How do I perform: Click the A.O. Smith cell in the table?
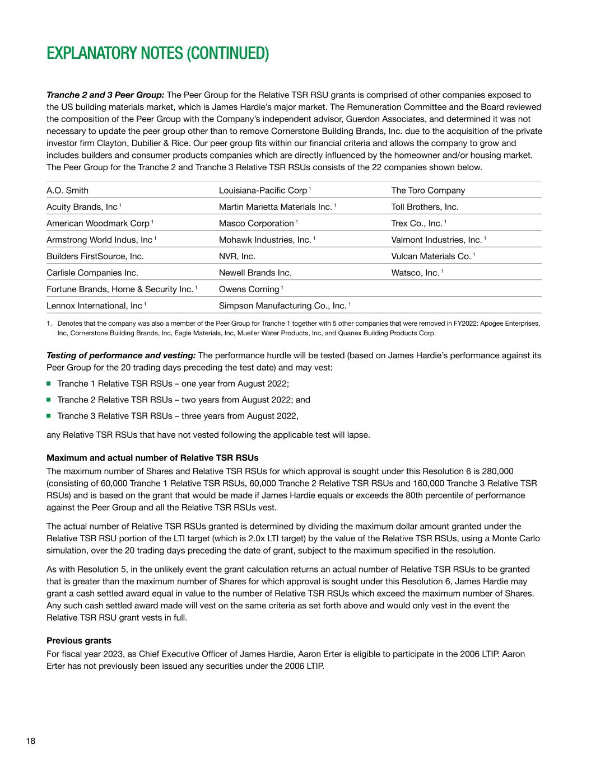coord(67,190)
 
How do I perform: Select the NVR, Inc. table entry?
coord(237,256)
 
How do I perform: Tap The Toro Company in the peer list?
coord(428,190)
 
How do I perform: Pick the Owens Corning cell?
coord(249,289)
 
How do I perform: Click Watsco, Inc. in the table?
coord(415,273)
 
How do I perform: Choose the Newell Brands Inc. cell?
coord(255,273)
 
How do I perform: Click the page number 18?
coord(30,741)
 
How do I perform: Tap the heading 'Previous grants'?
coord(79,641)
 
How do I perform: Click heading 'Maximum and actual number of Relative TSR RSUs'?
coord(152,458)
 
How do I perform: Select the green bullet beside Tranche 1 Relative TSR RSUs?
coord(49,383)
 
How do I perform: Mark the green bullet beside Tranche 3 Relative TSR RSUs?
coord(49,416)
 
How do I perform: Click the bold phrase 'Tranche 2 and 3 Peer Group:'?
coord(105,95)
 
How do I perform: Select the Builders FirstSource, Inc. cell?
coord(95,256)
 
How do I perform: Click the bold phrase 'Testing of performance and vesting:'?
coord(121,355)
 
